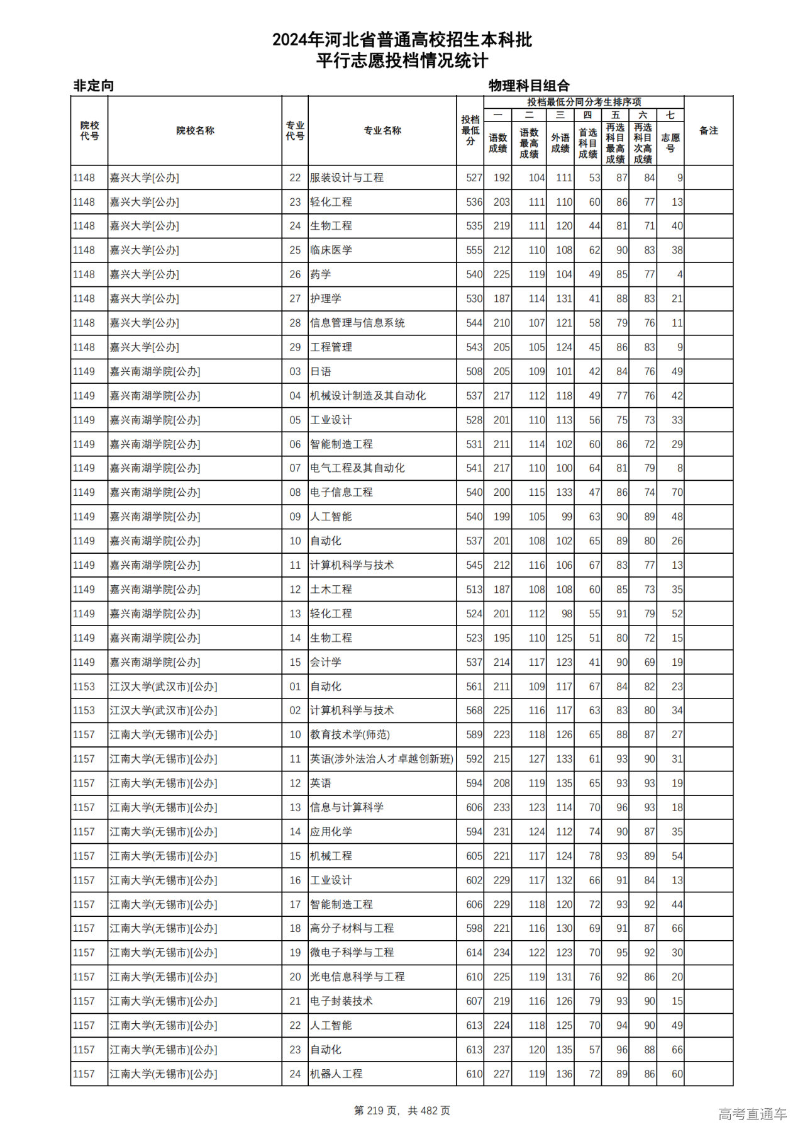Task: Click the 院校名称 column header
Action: coord(195,131)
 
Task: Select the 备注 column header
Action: coord(708,131)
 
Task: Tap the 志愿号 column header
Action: coord(670,143)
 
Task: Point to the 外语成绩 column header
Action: coord(560,143)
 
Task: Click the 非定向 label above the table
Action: coord(94,86)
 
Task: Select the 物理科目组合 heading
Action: coord(529,86)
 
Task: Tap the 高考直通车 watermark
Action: coord(752,1114)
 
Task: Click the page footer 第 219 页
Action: coord(402,1111)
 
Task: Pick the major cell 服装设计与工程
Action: coord(347,178)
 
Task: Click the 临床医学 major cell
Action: coord(331,250)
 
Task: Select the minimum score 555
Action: coord(474,250)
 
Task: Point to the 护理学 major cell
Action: coord(326,299)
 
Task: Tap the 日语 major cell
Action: coord(321,372)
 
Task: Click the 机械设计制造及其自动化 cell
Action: coord(368,396)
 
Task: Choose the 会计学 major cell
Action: coord(326,663)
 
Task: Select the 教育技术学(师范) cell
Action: coord(350,735)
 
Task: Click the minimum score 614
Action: coord(474,953)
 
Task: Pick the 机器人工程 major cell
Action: coord(336,1074)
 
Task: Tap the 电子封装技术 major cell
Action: coord(341,1001)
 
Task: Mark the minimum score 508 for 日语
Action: coord(474,372)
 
